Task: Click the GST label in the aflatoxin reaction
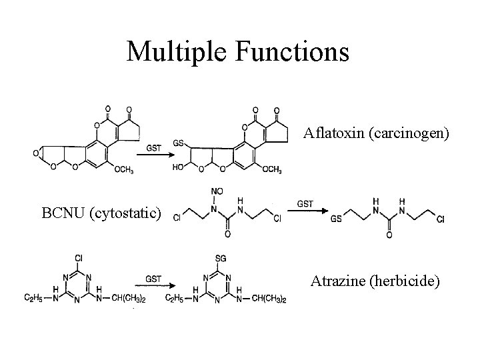[153, 148]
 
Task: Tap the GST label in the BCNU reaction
[305, 203]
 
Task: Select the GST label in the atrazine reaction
[153, 279]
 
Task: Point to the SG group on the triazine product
[217, 257]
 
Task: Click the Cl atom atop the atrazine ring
[80, 257]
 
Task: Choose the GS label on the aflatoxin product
[179, 143]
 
